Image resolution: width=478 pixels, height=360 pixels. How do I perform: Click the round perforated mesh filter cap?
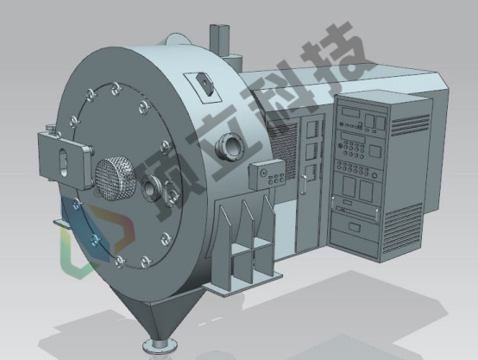pyautogui.click(x=116, y=179)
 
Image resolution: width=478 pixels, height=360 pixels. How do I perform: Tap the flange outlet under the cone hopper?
pyautogui.click(x=160, y=345)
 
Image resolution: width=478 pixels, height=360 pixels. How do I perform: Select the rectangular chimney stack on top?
pyautogui.click(x=219, y=41)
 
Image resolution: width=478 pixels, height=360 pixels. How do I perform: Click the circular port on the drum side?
pyautogui.click(x=230, y=146)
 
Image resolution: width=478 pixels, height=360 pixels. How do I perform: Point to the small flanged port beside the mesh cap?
pyautogui.click(x=152, y=188)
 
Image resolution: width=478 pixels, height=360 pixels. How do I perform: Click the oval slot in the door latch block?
pyautogui.click(x=63, y=161)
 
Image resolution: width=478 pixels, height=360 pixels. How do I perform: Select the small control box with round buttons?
pyautogui.click(x=267, y=174)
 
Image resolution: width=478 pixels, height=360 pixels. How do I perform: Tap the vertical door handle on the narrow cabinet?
pyautogui.click(x=303, y=184)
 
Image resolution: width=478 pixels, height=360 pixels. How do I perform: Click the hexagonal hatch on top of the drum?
pyautogui.click(x=204, y=83)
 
